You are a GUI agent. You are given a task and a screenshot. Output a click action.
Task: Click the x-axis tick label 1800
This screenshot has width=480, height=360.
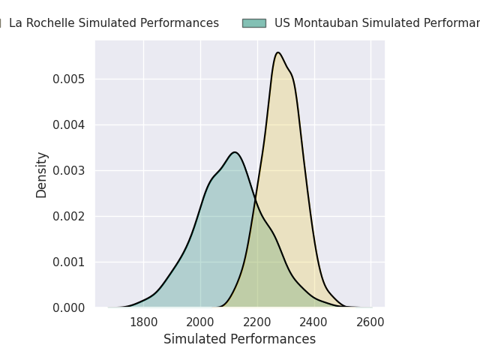pyautogui.click(x=143, y=322)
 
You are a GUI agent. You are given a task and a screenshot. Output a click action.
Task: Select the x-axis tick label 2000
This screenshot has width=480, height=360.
pyautogui.click(x=200, y=322)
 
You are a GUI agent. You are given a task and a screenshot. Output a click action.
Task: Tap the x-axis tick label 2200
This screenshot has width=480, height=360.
pyautogui.click(x=257, y=322)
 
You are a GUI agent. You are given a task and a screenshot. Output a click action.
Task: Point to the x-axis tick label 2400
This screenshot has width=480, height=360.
pyautogui.click(x=314, y=322)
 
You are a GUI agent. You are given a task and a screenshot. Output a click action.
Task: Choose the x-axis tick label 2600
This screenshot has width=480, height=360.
pyautogui.click(x=370, y=322)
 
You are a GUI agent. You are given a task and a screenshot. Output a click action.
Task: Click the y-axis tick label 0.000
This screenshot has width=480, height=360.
pyautogui.click(x=69, y=308)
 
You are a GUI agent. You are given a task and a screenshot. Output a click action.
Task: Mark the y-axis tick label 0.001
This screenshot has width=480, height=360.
pyautogui.click(x=69, y=262)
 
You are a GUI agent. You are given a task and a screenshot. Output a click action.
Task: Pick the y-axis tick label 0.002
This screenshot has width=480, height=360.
pyautogui.click(x=69, y=217)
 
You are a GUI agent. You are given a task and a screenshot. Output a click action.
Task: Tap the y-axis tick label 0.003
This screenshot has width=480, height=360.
pyautogui.click(x=69, y=171)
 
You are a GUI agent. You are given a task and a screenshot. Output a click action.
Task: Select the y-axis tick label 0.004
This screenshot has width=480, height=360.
pyautogui.click(x=69, y=125)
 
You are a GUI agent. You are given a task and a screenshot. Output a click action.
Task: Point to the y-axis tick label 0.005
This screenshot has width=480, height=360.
pyautogui.click(x=69, y=79)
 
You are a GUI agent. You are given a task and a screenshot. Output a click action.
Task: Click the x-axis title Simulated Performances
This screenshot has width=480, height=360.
pyautogui.click(x=240, y=339)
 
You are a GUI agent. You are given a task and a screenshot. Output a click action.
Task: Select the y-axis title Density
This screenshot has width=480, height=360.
pyautogui.click(x=42, y=174)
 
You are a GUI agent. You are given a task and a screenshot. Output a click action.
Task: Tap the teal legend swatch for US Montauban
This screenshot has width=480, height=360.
pyautogui.click(x=253, y=23)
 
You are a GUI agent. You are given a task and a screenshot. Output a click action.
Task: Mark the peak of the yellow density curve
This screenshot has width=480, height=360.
pyautogui.click(x=278, y=52)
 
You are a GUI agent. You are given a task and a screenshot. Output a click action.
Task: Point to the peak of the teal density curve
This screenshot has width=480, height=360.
pyautogui.click(x=235, y=152)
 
